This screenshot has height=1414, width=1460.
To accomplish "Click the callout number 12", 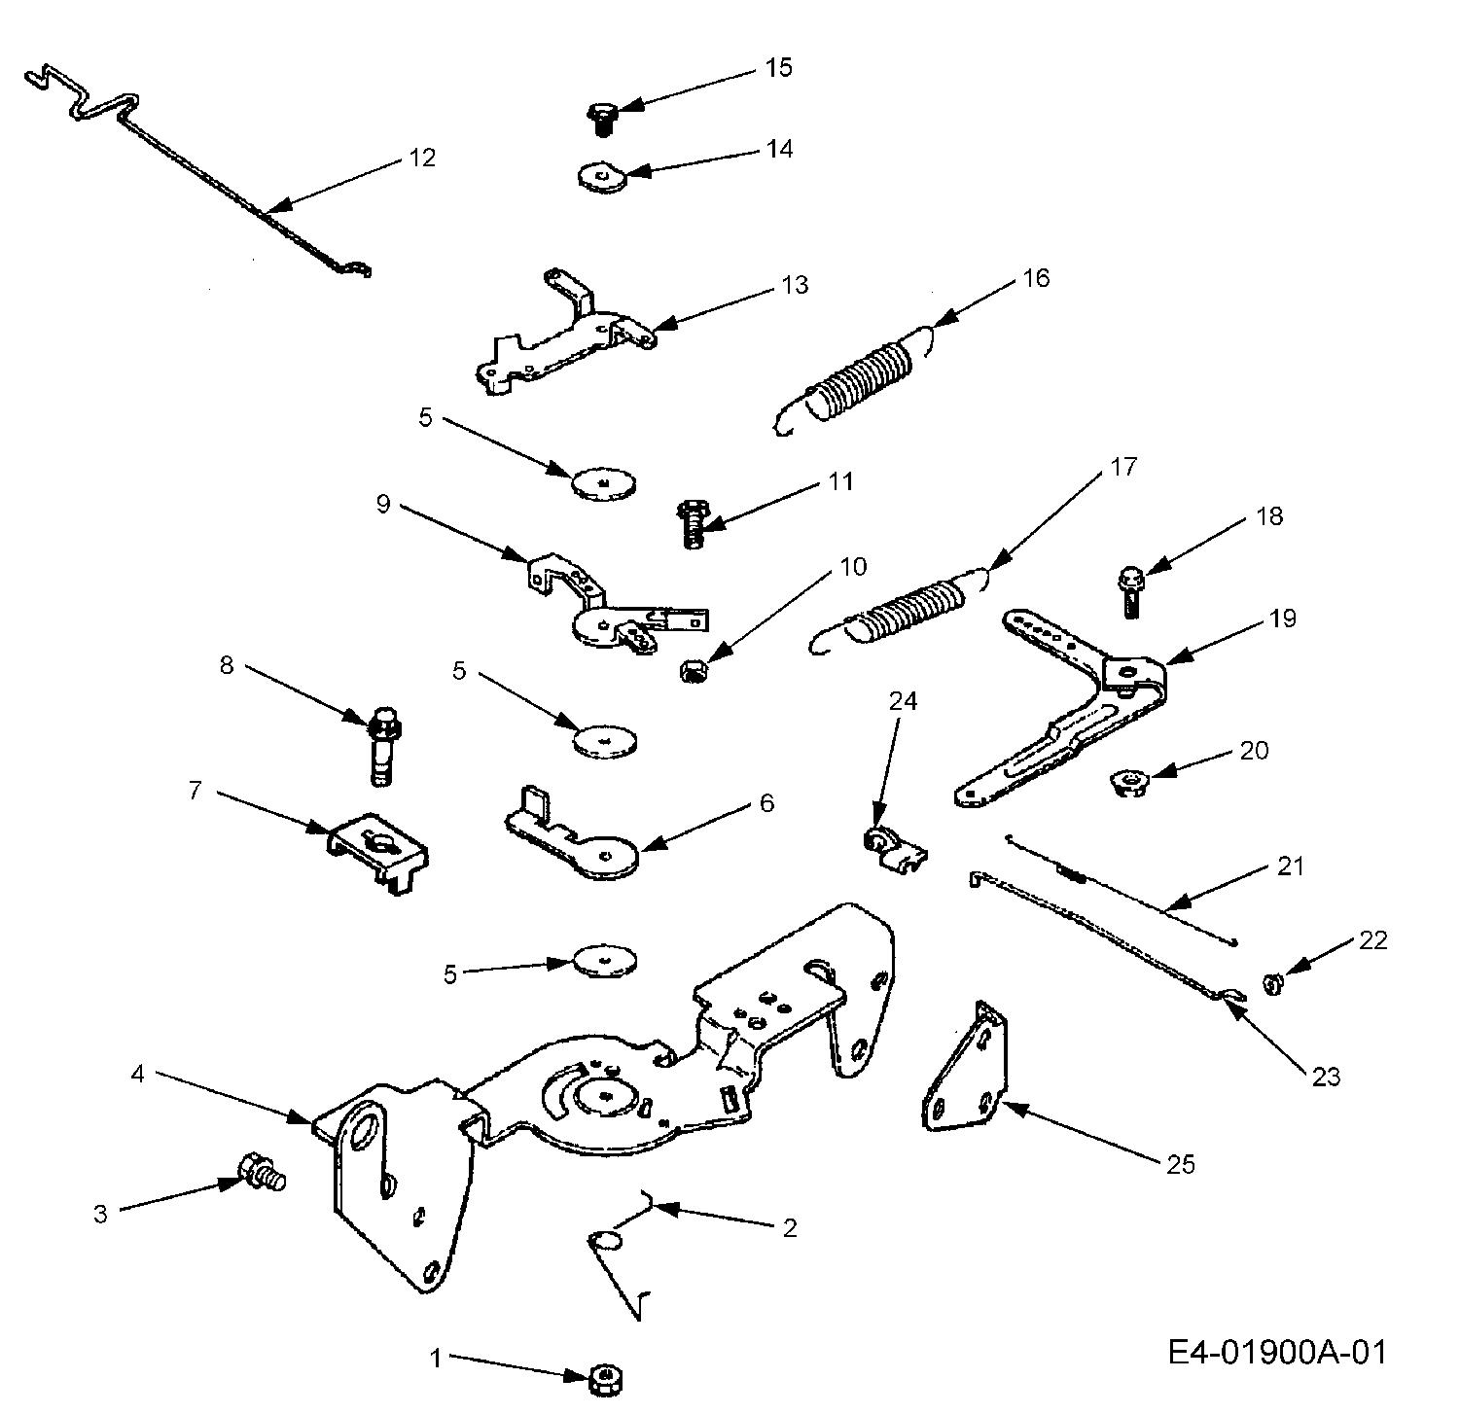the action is click(x=422, y=158).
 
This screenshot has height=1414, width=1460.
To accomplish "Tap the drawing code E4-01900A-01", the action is click(x=1277, y=1352).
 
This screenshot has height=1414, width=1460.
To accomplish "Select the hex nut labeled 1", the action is click(x=606, y=1378).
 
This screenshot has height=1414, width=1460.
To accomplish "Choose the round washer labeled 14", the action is click(x=599, y=176).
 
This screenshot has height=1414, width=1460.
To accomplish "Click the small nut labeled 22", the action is click(x=1270, y=985).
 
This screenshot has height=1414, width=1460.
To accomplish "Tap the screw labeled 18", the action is click(x=1130, y=591).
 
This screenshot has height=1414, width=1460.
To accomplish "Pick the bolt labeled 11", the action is click(x=692, y=522).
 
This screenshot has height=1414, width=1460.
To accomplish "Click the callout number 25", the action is click(x=1181, y=1163).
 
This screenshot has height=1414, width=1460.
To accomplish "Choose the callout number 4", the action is click(x=137, y=1075).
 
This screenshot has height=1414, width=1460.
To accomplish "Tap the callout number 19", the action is click(x=1283, y=619).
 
